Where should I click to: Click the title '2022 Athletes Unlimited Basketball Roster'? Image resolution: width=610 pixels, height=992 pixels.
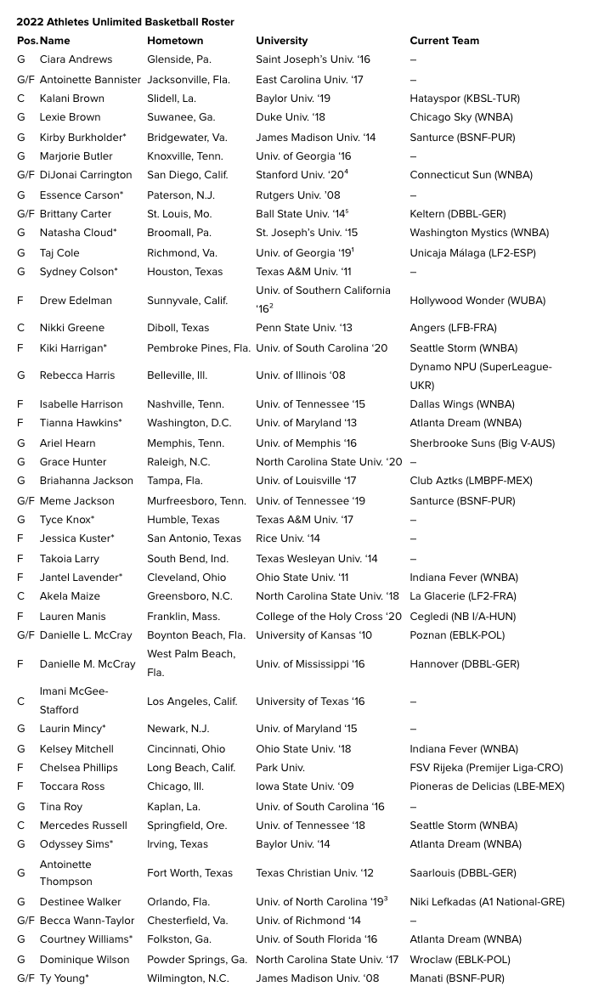point(125,22)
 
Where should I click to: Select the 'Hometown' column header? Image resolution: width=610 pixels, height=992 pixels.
point(175,41)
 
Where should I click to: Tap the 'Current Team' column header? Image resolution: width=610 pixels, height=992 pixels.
point(444,41)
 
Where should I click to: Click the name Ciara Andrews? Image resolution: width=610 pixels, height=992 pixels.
point(76,59)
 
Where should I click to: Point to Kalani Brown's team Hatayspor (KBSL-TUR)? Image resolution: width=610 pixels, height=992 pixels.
point(465,99)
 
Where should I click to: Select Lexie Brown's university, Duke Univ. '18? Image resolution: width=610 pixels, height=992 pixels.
point(291,117)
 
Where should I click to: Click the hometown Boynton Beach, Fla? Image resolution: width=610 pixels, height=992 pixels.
point(196,635)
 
